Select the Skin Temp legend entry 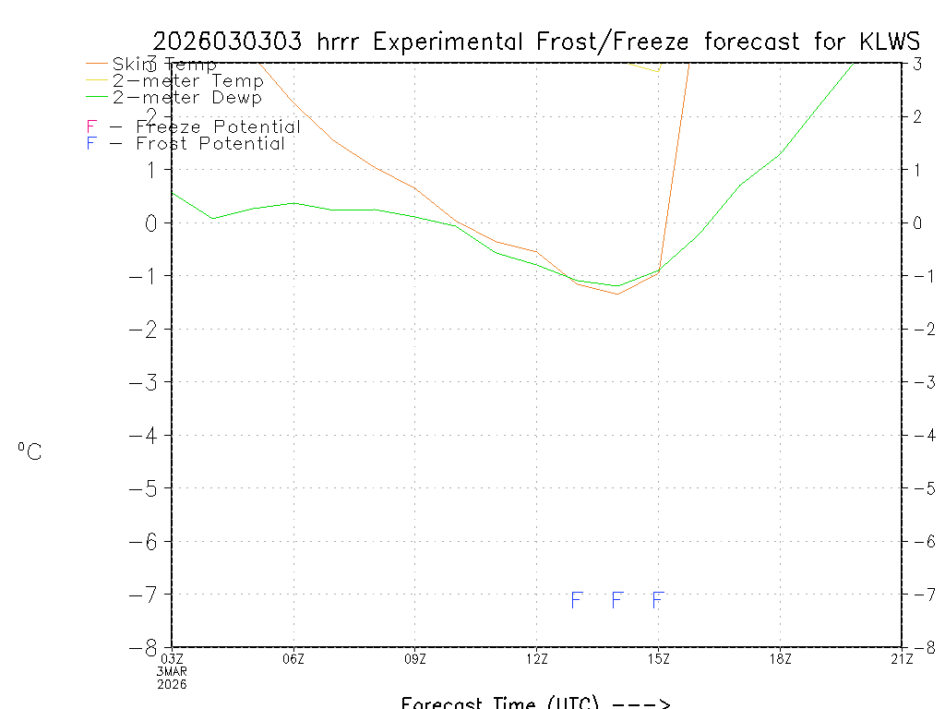[164, 65]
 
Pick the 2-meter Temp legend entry [187, 81]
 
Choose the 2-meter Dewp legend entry [186, 97]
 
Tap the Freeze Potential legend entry [194, 127]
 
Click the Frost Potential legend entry [186, 144]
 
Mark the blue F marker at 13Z [577, 600]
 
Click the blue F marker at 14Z [617, 600]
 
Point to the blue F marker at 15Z [658, 600]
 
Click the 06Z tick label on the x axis [293, 658]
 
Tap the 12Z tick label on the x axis [537, 658]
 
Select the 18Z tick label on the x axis [781, 658]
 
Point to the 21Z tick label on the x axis [902, 658]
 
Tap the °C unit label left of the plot [30, 452]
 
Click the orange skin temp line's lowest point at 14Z [617, 294]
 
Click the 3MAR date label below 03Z [172, 671]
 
